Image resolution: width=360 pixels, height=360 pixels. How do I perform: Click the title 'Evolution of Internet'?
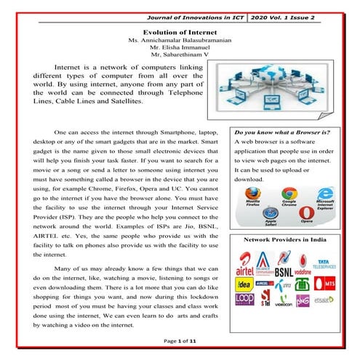(x=180, y=33)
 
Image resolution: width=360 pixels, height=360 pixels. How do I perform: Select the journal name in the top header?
(x=196, y=15)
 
